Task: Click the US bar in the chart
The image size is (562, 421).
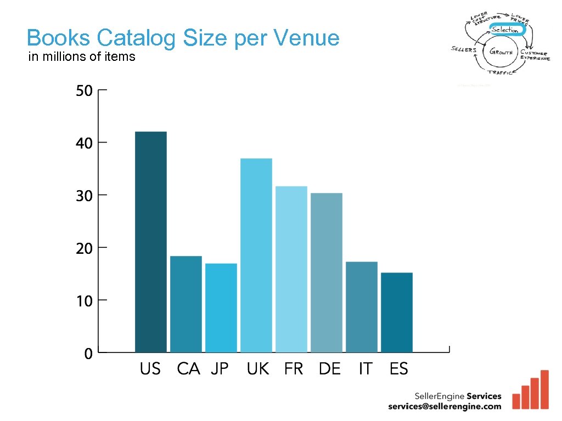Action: click(x=151, y=242)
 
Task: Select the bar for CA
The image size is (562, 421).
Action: click(x=186, y=304)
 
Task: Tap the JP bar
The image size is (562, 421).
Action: click(x=221, y=308)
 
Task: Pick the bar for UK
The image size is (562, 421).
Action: click(x=256, y=255)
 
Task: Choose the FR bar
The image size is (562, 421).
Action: click(x=291, y=269)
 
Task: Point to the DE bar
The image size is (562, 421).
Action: click(x=327, y=272)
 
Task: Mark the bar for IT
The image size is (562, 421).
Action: click(x=362, y=306)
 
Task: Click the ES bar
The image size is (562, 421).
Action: click(x=397, y=312)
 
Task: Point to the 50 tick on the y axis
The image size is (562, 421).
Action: click(x=84, y=90)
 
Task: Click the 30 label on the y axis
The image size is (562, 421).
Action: click(x=84, y=196)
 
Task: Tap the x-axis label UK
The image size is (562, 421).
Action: click(x=258, y=369)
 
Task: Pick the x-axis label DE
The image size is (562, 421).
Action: click(x=329, y=369)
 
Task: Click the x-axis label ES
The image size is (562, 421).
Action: click(x=399, y=369)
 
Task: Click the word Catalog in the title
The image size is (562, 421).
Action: click(x=137, y=38)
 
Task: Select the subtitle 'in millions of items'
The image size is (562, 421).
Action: click(x=82, y=56)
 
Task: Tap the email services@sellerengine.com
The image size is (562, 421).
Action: click(x=445, y=406)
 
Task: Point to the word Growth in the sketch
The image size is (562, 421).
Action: click(x=501, y=53)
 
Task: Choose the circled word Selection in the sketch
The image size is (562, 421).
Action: click(x=505, y=30)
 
